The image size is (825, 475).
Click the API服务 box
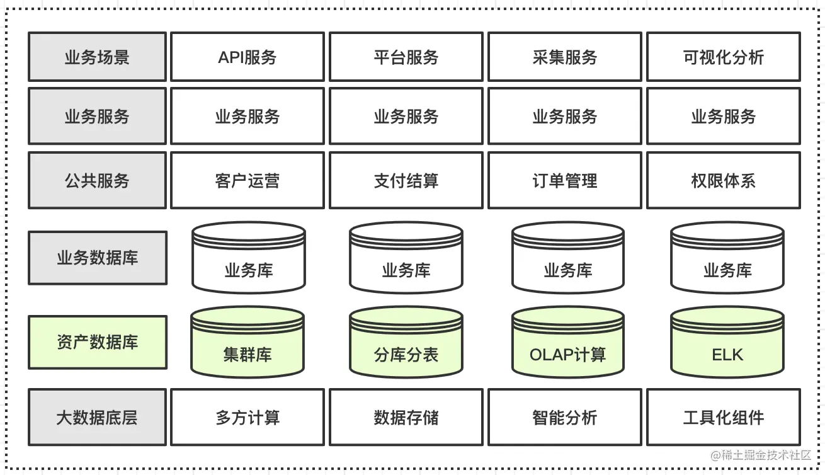click(247, 57)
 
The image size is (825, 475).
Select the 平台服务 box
click(406, 57)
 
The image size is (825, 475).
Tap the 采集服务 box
click(565, 57)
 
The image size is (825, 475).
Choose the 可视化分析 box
click(724, 57)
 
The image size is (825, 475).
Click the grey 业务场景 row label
click(97, 57)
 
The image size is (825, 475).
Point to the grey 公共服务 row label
click(97, 181)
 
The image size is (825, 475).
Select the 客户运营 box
click(247, 181)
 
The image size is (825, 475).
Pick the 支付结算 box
click(406, 181)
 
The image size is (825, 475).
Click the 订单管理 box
click(565, 181)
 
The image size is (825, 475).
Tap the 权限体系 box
click(724, 181)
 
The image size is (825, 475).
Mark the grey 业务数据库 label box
click(97, 258)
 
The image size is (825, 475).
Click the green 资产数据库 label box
click(97, 343)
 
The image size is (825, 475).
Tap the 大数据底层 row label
click(97, 417)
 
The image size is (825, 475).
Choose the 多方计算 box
click(247, 417)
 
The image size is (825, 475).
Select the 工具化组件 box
click(724, 417)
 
